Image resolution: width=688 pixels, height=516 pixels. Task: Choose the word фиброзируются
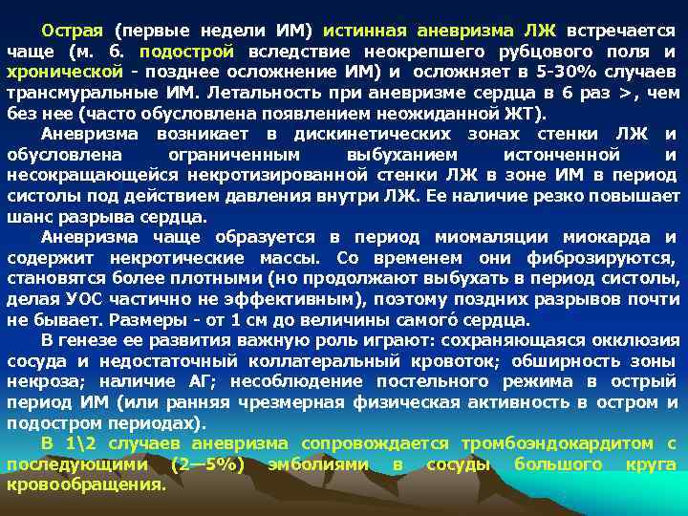[601, 258]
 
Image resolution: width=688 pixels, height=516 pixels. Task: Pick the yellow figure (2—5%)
[207, 465]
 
